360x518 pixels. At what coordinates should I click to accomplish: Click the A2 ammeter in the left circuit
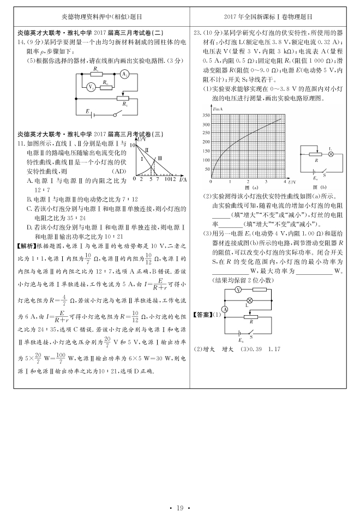(x=124, y=75)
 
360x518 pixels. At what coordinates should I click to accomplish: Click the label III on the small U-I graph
(x=159, y=158)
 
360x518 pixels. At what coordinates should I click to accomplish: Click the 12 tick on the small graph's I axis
(x=173, y=179)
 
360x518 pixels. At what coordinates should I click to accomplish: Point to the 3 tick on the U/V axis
(x=266, y=180)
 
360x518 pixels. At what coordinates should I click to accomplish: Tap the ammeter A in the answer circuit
(x=224, y=309)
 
